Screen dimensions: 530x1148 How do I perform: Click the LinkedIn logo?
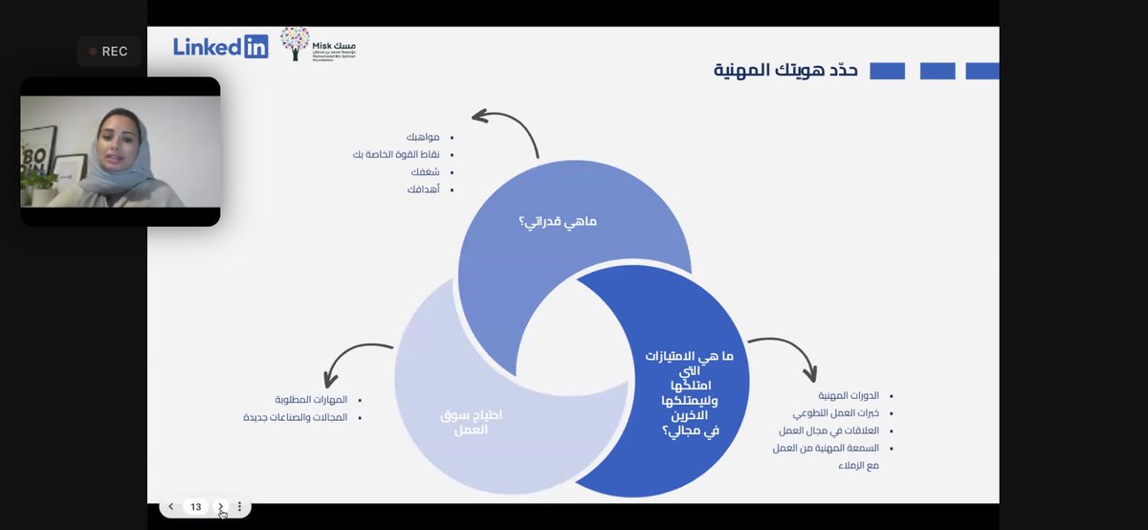[221, 47]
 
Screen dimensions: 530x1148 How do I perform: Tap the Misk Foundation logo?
[318, 45]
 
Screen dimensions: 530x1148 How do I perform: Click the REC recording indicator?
[108, 52]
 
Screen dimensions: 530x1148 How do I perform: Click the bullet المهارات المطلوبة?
[311, 400]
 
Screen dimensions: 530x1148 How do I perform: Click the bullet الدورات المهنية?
[848, 395]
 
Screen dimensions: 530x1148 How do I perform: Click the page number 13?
[196, 507]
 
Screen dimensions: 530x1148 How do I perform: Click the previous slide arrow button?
[171, 507]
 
